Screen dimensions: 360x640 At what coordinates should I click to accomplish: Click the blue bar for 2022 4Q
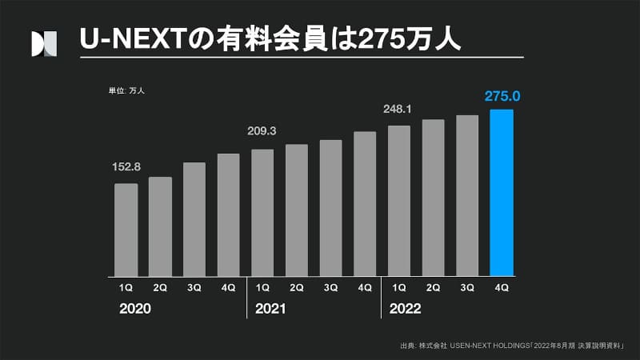502,192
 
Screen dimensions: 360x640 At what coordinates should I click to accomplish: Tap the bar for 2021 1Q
262,212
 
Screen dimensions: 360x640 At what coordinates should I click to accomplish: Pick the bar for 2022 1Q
399,200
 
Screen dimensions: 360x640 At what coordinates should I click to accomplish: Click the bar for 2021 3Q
330,208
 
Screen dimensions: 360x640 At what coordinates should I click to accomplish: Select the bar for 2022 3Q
467,195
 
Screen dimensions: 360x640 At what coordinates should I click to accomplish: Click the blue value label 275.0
502,97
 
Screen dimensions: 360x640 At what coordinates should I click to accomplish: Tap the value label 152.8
126,167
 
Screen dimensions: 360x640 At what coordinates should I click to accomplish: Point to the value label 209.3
262,131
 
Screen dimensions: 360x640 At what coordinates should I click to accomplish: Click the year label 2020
135,308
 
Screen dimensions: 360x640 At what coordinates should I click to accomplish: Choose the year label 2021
270,308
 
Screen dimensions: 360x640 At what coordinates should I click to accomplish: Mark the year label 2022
405,308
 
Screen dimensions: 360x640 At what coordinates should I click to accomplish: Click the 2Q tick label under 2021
297,286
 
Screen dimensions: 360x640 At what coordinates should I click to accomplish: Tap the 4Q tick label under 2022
502,286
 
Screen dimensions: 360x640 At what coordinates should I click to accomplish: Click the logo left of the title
44,43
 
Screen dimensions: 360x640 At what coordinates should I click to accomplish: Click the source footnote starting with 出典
512,346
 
